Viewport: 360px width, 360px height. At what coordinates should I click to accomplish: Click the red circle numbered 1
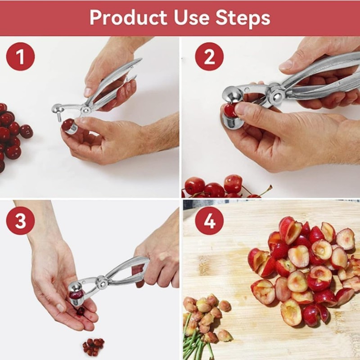[x=20, y=57]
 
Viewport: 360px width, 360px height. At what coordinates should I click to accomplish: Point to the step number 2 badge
[x=209, y=57]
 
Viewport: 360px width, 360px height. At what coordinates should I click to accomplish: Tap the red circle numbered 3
[x=20, y=220]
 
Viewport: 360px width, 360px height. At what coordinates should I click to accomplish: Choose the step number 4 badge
[x=209, y=220]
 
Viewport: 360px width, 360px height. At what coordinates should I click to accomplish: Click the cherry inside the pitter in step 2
[x=230, y=110]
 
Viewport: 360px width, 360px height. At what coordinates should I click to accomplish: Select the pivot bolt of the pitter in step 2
[x=275, y=95]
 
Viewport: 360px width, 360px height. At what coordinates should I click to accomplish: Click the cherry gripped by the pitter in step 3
[x=76, y=295]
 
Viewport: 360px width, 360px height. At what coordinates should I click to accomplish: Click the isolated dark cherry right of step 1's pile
[x=26, y=131]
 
